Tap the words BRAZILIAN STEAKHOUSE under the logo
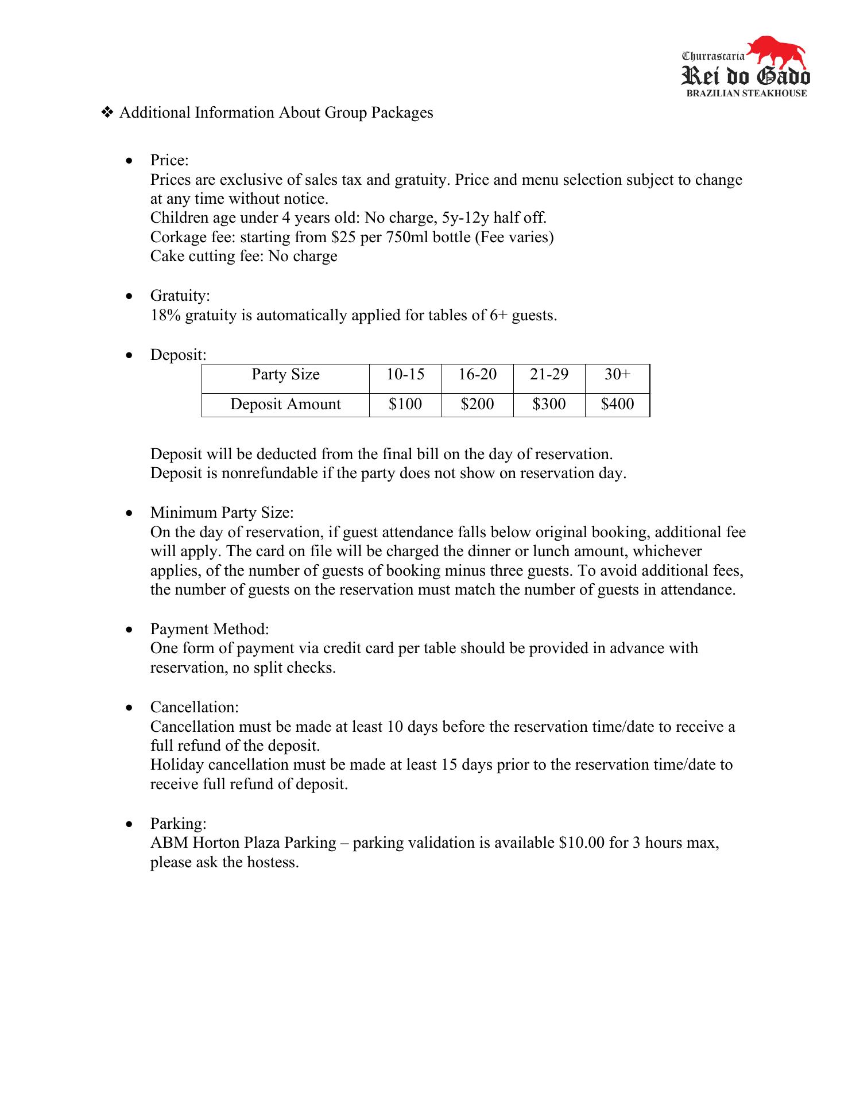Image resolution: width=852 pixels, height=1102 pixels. click(x=746, y=94)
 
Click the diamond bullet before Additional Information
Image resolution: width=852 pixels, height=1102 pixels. click(x=107, y=112)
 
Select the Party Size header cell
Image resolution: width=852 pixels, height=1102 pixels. click(x=285, y=375)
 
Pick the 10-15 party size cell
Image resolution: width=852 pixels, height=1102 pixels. click(x=405, y=375)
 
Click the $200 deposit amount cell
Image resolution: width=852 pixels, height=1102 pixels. click(x=477, y=404)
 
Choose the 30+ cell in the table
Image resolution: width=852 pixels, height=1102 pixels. click(x=617, y=375)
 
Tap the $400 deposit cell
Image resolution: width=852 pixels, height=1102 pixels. click(x=617, y=404)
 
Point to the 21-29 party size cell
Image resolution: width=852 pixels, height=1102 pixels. click(x=549, y=375)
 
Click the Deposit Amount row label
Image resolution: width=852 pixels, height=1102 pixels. click(x=285, y=404)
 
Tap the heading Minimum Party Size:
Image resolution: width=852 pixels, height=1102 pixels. click(x=222, y=513)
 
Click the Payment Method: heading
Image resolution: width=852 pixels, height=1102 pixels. click(x=210, y=629)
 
